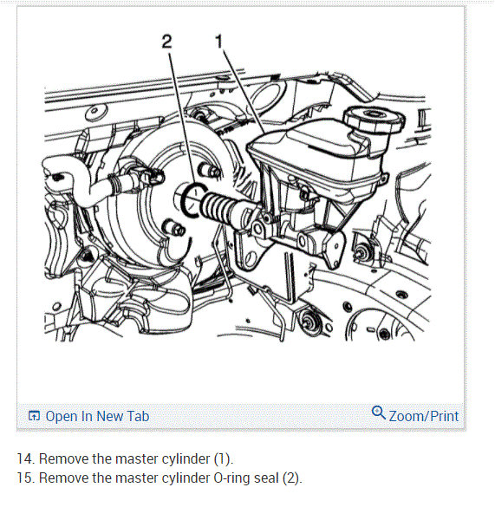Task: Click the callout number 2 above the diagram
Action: tap(166, 42)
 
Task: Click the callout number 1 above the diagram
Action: tap(219, 42)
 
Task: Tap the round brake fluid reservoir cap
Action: tap(374, 120)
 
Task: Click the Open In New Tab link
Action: tap(97, 416)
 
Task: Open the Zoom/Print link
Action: tap(424, 416)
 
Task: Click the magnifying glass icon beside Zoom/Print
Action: tap(379, 413)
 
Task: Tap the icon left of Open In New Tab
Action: tap(34, 416)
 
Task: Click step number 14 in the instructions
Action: tap(26, 458)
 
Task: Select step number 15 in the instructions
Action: tap(26, 478)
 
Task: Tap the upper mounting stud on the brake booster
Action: tap(209, 169)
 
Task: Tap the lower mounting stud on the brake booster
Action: tap(174, 227)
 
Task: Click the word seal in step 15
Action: tap(266, 478)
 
